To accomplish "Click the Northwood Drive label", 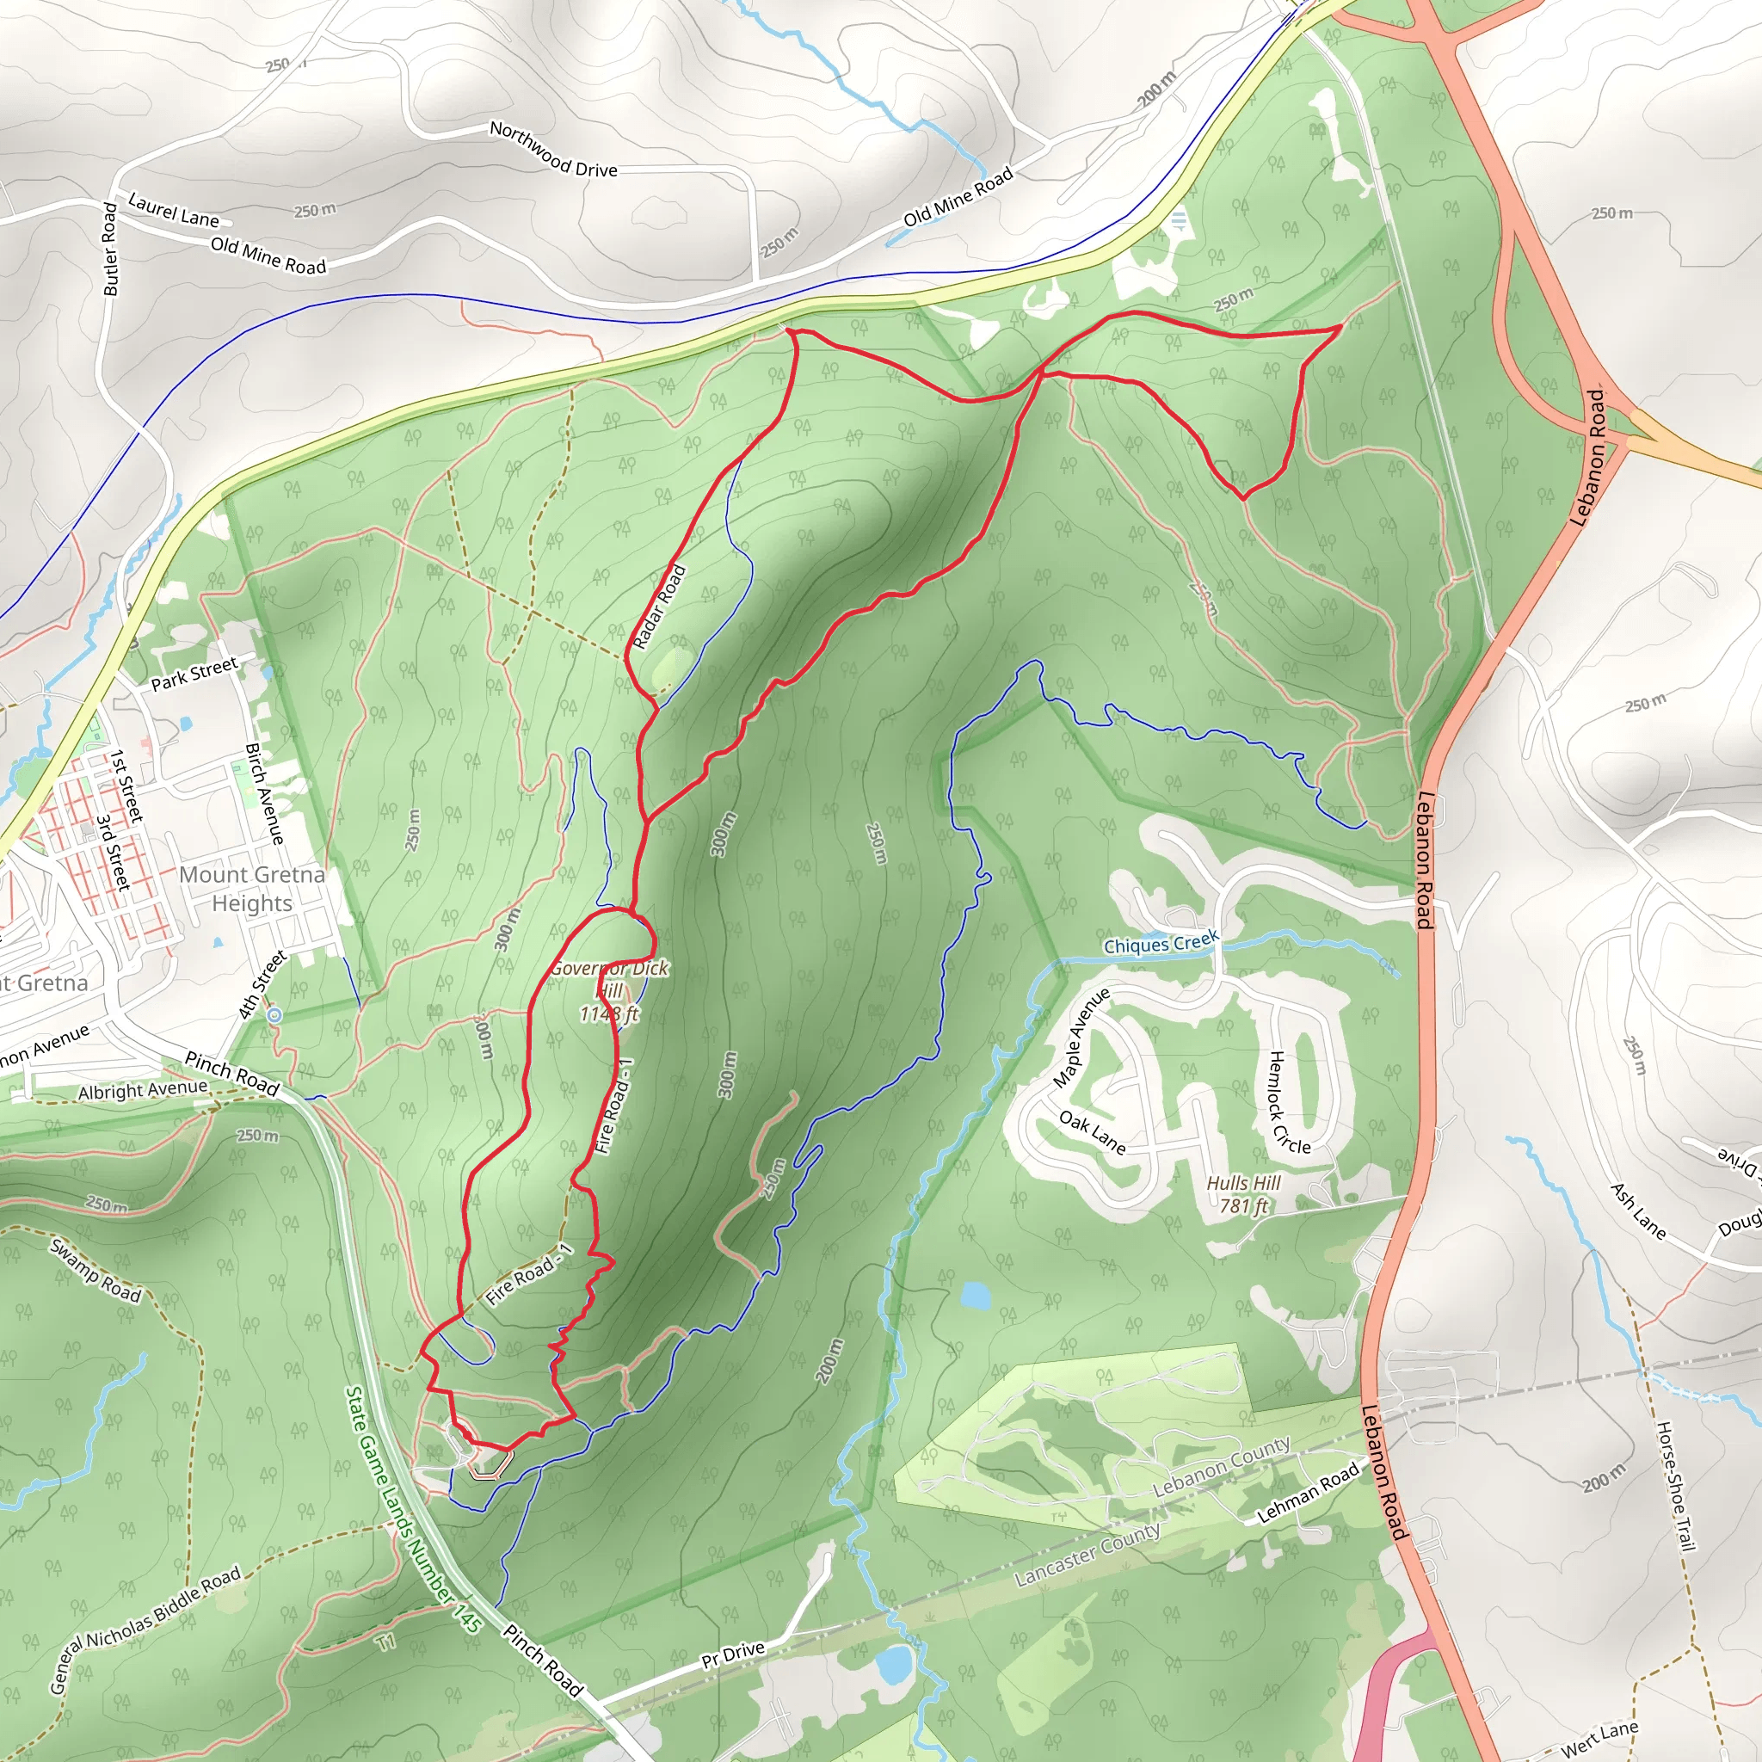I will (552, 149).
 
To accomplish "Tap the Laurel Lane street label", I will (173, 210).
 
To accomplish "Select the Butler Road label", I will (110, 249).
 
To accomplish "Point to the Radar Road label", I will (658, 607).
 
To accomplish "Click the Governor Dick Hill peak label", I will (609, 990).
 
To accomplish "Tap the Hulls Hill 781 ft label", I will (1244, 1194).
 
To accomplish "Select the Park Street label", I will (194, 674).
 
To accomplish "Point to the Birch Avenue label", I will (264, 792).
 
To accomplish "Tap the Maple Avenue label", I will (1081, 1037).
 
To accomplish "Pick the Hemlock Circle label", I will (1289, 1103).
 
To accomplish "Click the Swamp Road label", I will (95, 1272).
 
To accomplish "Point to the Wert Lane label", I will (1599, 1737).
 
